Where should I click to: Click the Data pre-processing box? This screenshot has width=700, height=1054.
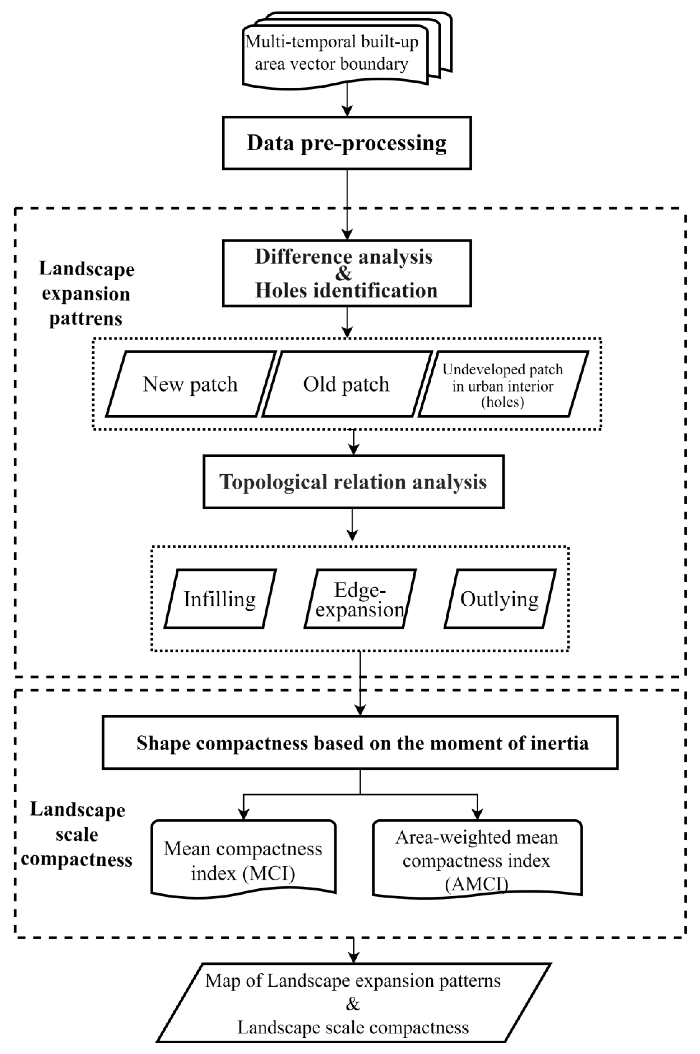pos(347,143)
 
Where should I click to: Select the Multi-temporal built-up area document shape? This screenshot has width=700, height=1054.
pos(335,54)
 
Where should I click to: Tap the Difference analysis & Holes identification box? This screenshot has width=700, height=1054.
pos(347,273)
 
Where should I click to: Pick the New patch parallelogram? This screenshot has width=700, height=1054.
pos(191,384)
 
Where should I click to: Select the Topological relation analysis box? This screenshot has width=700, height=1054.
pos(353,482)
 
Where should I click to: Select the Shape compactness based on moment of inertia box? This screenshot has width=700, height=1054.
pos(360,743)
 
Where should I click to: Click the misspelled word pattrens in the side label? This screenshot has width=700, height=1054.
pos(86,319)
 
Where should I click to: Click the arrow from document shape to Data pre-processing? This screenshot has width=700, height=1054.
pos(347,101)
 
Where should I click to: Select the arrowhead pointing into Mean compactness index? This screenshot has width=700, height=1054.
pos(243,814)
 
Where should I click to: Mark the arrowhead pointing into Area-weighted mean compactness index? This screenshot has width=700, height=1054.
pos(477,814)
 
